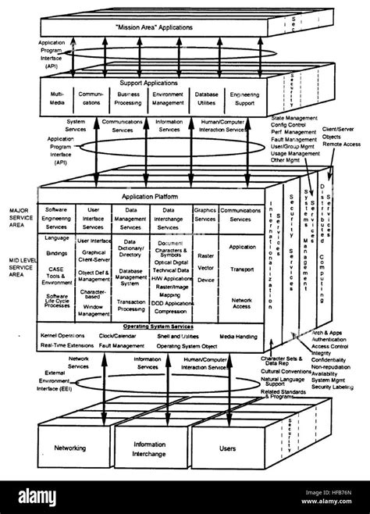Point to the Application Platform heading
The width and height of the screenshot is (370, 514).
pyautogui.click(x=151, y=197)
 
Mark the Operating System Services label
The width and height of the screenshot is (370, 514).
pyautogui.click(x=151, y=325)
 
